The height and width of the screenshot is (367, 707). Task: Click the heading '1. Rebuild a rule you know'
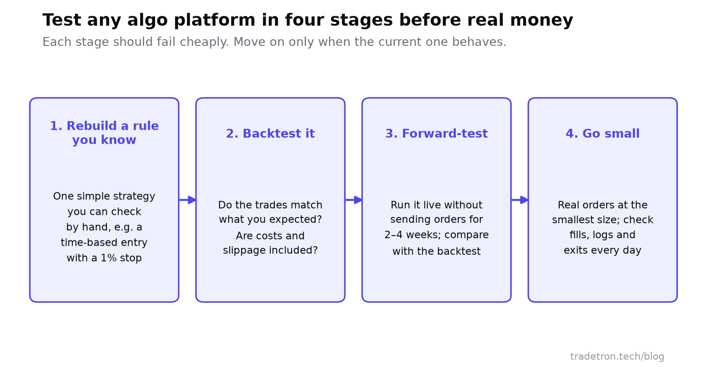click(104, 133)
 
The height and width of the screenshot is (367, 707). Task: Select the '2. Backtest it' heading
click(270, 134)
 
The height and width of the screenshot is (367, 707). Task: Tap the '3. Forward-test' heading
click(437, 134)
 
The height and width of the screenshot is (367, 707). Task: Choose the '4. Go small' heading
click(603, 134)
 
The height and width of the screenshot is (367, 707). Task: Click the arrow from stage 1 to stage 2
click(187, 200)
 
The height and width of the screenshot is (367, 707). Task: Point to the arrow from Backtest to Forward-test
click(353, 200)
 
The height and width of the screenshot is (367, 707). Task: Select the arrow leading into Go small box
click(520, 200)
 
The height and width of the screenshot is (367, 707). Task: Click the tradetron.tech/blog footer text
click(617, 356)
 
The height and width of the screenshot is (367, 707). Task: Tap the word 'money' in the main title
click(541, 20)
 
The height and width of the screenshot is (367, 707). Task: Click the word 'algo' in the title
click(148, 20)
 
